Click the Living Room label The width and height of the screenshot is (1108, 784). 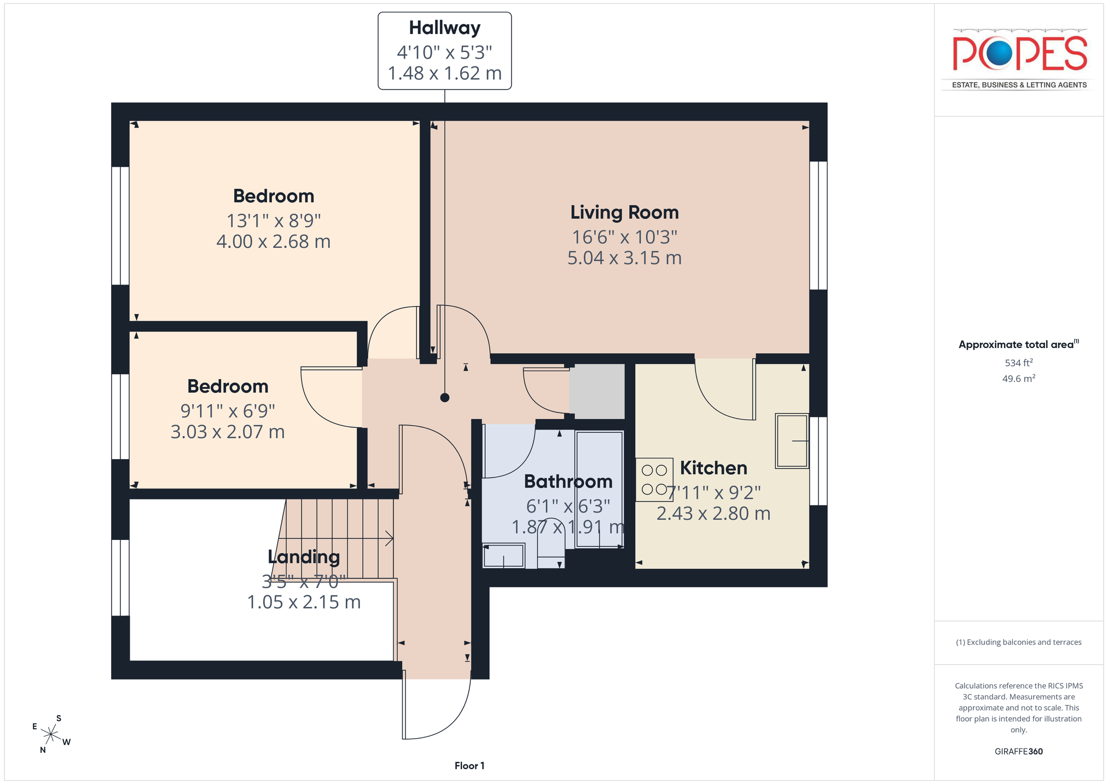[624, 212]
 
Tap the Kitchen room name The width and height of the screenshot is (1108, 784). [713, 468]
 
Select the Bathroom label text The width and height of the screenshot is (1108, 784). [568, 481]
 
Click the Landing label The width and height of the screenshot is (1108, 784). [304, 557]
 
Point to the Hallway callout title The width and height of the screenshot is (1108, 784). [445, 28]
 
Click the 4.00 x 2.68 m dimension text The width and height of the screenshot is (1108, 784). [274, 241]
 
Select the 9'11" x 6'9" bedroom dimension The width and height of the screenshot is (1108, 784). [228, 410]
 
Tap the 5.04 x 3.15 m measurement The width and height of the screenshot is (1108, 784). [624, 258]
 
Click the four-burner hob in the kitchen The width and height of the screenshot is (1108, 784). [654, 479]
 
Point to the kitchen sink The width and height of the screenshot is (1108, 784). [792, 441]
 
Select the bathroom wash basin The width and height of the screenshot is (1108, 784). [503, 556]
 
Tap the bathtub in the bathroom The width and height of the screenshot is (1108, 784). [599, 490]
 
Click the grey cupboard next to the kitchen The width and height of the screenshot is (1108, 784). [597, 391]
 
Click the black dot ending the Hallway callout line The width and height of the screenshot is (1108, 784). [445, 398]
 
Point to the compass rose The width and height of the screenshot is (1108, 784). [51, 734]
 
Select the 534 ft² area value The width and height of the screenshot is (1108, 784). [1019, 363]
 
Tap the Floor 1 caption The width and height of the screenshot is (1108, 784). [469, 766]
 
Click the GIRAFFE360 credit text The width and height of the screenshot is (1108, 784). [1019, 752]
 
